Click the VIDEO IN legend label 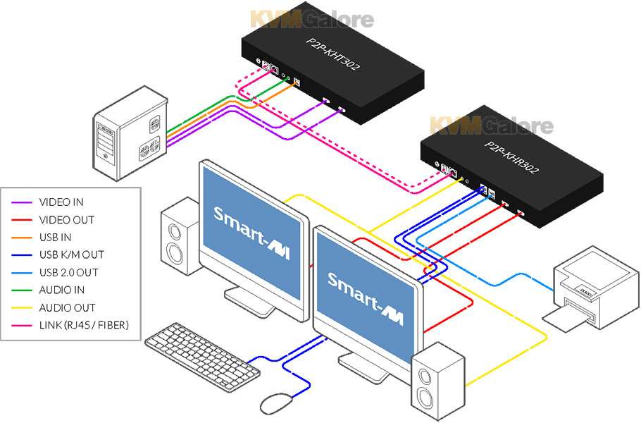point(61,202)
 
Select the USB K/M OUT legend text point(70,255)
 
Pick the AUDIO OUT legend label point(67,307)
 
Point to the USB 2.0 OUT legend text point(68,273)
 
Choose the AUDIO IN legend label point(62,290)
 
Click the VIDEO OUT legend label point(66,220)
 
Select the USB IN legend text point(55,238)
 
